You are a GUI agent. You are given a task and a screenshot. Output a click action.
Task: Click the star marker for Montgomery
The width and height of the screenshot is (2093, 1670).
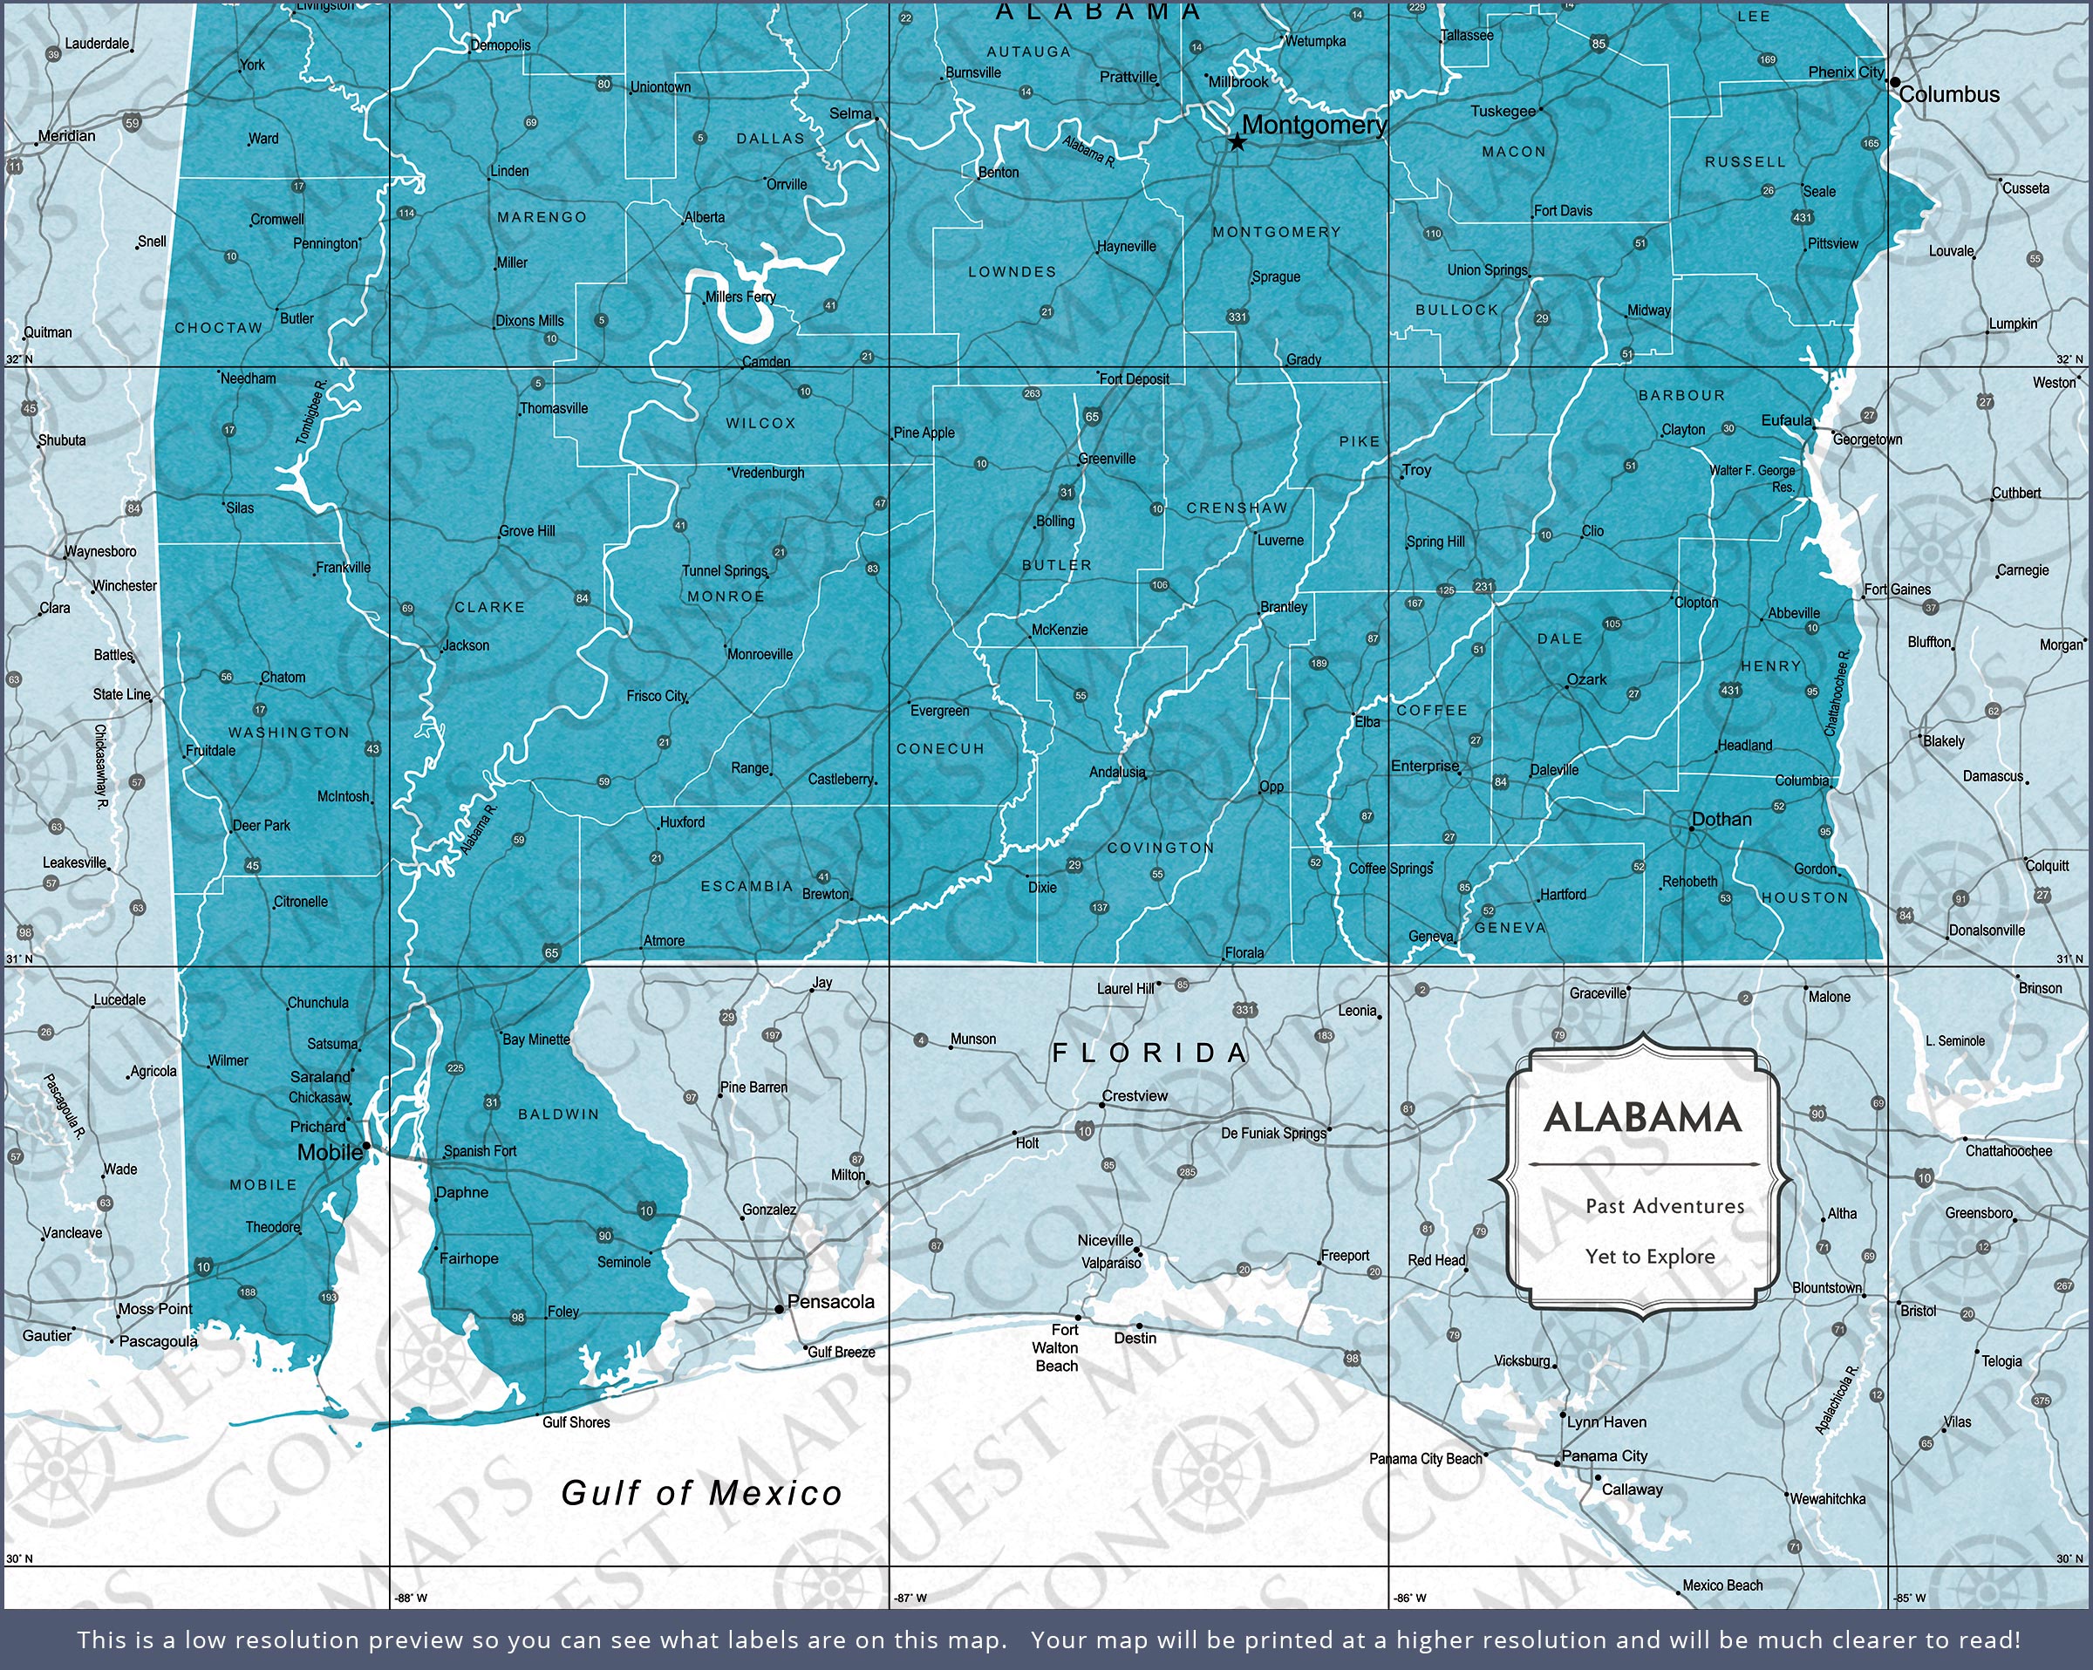pos(1237,144)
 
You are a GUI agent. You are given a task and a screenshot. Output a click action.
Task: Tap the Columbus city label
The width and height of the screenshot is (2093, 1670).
pos(1948,95)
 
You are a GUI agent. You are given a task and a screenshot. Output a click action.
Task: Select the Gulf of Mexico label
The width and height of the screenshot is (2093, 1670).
pos(701,1492)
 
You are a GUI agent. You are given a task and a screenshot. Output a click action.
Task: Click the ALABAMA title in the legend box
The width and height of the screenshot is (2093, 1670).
pos(1642,1117)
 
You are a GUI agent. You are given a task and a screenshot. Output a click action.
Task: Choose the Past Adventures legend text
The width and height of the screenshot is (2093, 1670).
pos(1664,1206)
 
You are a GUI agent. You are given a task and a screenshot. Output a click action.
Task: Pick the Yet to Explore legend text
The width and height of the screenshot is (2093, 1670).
pos(1649,1257)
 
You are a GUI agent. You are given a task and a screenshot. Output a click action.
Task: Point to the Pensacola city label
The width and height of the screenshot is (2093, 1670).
pos(830,1302)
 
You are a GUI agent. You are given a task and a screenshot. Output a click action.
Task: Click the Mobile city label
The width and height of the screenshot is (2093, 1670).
pos(329,1153)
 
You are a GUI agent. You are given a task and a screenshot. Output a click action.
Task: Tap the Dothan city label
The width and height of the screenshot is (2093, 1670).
pos(1721,820)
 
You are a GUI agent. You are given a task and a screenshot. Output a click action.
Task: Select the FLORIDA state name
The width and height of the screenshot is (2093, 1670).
pos(1149,1053)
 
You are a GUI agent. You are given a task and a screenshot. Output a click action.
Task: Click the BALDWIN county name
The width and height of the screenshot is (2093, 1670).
pos(558,1114)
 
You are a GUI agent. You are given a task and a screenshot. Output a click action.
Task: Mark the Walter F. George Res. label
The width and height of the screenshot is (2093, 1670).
pos(1752,478)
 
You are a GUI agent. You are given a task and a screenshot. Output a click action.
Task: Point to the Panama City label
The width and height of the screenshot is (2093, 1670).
pos(1604,1455)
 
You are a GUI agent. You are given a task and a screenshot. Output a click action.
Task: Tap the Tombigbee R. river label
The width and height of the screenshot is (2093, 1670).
pos(310,413)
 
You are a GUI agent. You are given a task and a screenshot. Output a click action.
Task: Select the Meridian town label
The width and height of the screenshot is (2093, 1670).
pos(67,136)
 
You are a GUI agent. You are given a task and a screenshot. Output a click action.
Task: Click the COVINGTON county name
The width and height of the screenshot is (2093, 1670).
pos(1160,848)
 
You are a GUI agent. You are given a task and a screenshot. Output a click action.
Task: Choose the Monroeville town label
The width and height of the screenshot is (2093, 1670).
pos(760,654)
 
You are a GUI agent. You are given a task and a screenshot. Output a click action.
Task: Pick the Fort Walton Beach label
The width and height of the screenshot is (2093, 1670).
pos(1056,1347)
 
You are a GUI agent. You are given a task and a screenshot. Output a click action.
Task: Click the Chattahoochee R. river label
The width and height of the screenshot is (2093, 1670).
pos(1837,692)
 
